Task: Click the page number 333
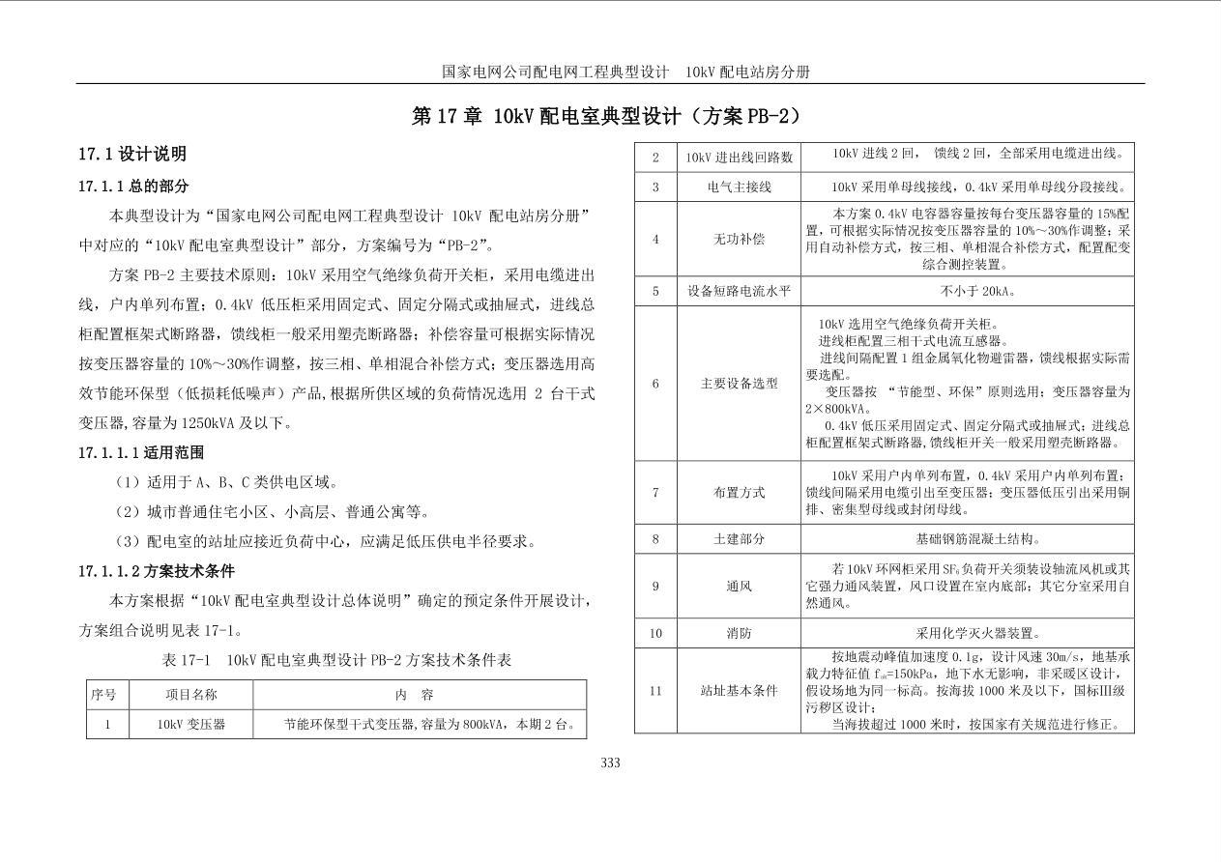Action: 610,762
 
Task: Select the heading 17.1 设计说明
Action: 132,154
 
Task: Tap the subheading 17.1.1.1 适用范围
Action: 141,452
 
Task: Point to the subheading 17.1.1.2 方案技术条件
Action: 157,571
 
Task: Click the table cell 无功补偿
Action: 739,238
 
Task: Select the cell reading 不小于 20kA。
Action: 967,291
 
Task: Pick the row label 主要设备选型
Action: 739,384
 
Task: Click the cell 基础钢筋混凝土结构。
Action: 967,538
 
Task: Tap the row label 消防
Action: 739,634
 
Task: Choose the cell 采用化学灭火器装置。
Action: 967,634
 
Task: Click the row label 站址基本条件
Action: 739,691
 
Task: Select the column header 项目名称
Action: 191,695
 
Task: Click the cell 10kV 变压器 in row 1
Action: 191,724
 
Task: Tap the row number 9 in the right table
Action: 655,586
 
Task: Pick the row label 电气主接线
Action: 739,187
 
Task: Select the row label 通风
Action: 739,586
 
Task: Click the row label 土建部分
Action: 739,538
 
